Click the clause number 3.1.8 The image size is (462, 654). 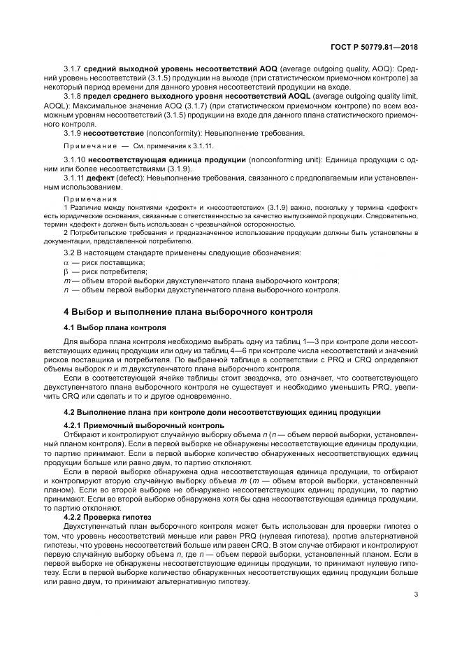point(73,96)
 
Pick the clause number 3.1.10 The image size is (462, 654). point(75,160)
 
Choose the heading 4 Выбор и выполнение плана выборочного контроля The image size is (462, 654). point(188,311)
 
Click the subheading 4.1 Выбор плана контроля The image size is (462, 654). point(115,327)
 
